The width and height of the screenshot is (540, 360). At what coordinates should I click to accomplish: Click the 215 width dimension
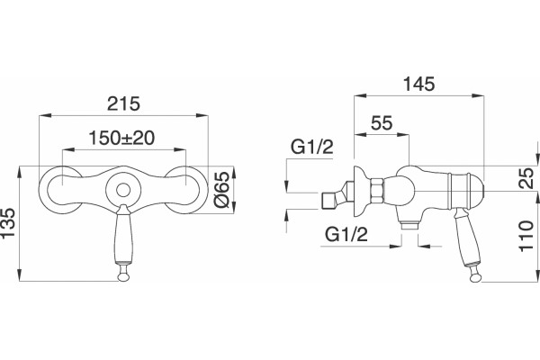(123, 103)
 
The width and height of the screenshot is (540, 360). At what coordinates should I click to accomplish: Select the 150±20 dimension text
(121, 138)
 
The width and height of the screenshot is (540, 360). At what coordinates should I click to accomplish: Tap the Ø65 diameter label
(221, 189)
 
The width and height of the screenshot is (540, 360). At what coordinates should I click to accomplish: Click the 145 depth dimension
(419, 84)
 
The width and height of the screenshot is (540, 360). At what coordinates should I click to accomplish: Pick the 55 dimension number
(382, 123)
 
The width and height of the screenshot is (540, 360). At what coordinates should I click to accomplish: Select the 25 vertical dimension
(526, 178)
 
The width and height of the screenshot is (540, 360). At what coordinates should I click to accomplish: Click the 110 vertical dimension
(526, 236)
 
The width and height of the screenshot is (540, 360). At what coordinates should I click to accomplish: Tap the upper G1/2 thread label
(312, 147)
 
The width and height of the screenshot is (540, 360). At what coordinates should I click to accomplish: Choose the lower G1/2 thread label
(346, 235)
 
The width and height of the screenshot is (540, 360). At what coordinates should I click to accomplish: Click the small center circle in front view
(123, 190)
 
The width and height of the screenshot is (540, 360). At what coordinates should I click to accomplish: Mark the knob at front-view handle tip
(123, 276)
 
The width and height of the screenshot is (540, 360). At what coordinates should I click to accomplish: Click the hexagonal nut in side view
(376, 191)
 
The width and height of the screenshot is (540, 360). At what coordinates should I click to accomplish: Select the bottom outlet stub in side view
(409, 225)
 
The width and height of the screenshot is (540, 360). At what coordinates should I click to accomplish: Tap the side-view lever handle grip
(465, 238)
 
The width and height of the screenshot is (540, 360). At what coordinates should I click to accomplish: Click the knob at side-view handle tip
(475, 276)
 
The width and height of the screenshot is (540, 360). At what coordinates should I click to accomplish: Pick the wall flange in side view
(361, 191)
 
